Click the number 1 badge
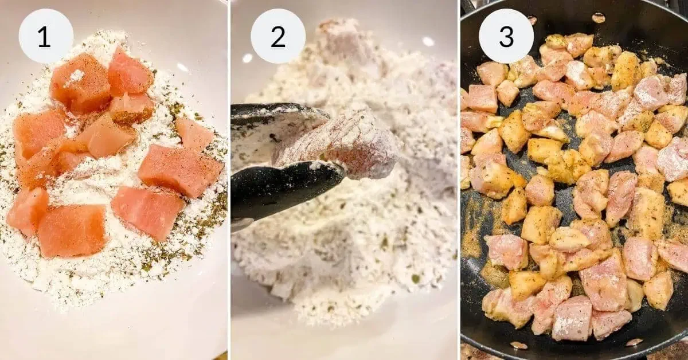(46, 36)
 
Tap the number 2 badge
(278, 36)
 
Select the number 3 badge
(506, 36)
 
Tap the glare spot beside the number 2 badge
(247, 58)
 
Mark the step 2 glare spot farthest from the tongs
(428, 41)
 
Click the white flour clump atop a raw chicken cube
(77, 75)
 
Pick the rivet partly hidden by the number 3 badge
(532, 20)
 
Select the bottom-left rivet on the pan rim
(518, 345)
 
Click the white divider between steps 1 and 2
(229, 180)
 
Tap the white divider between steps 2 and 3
(459, 180)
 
